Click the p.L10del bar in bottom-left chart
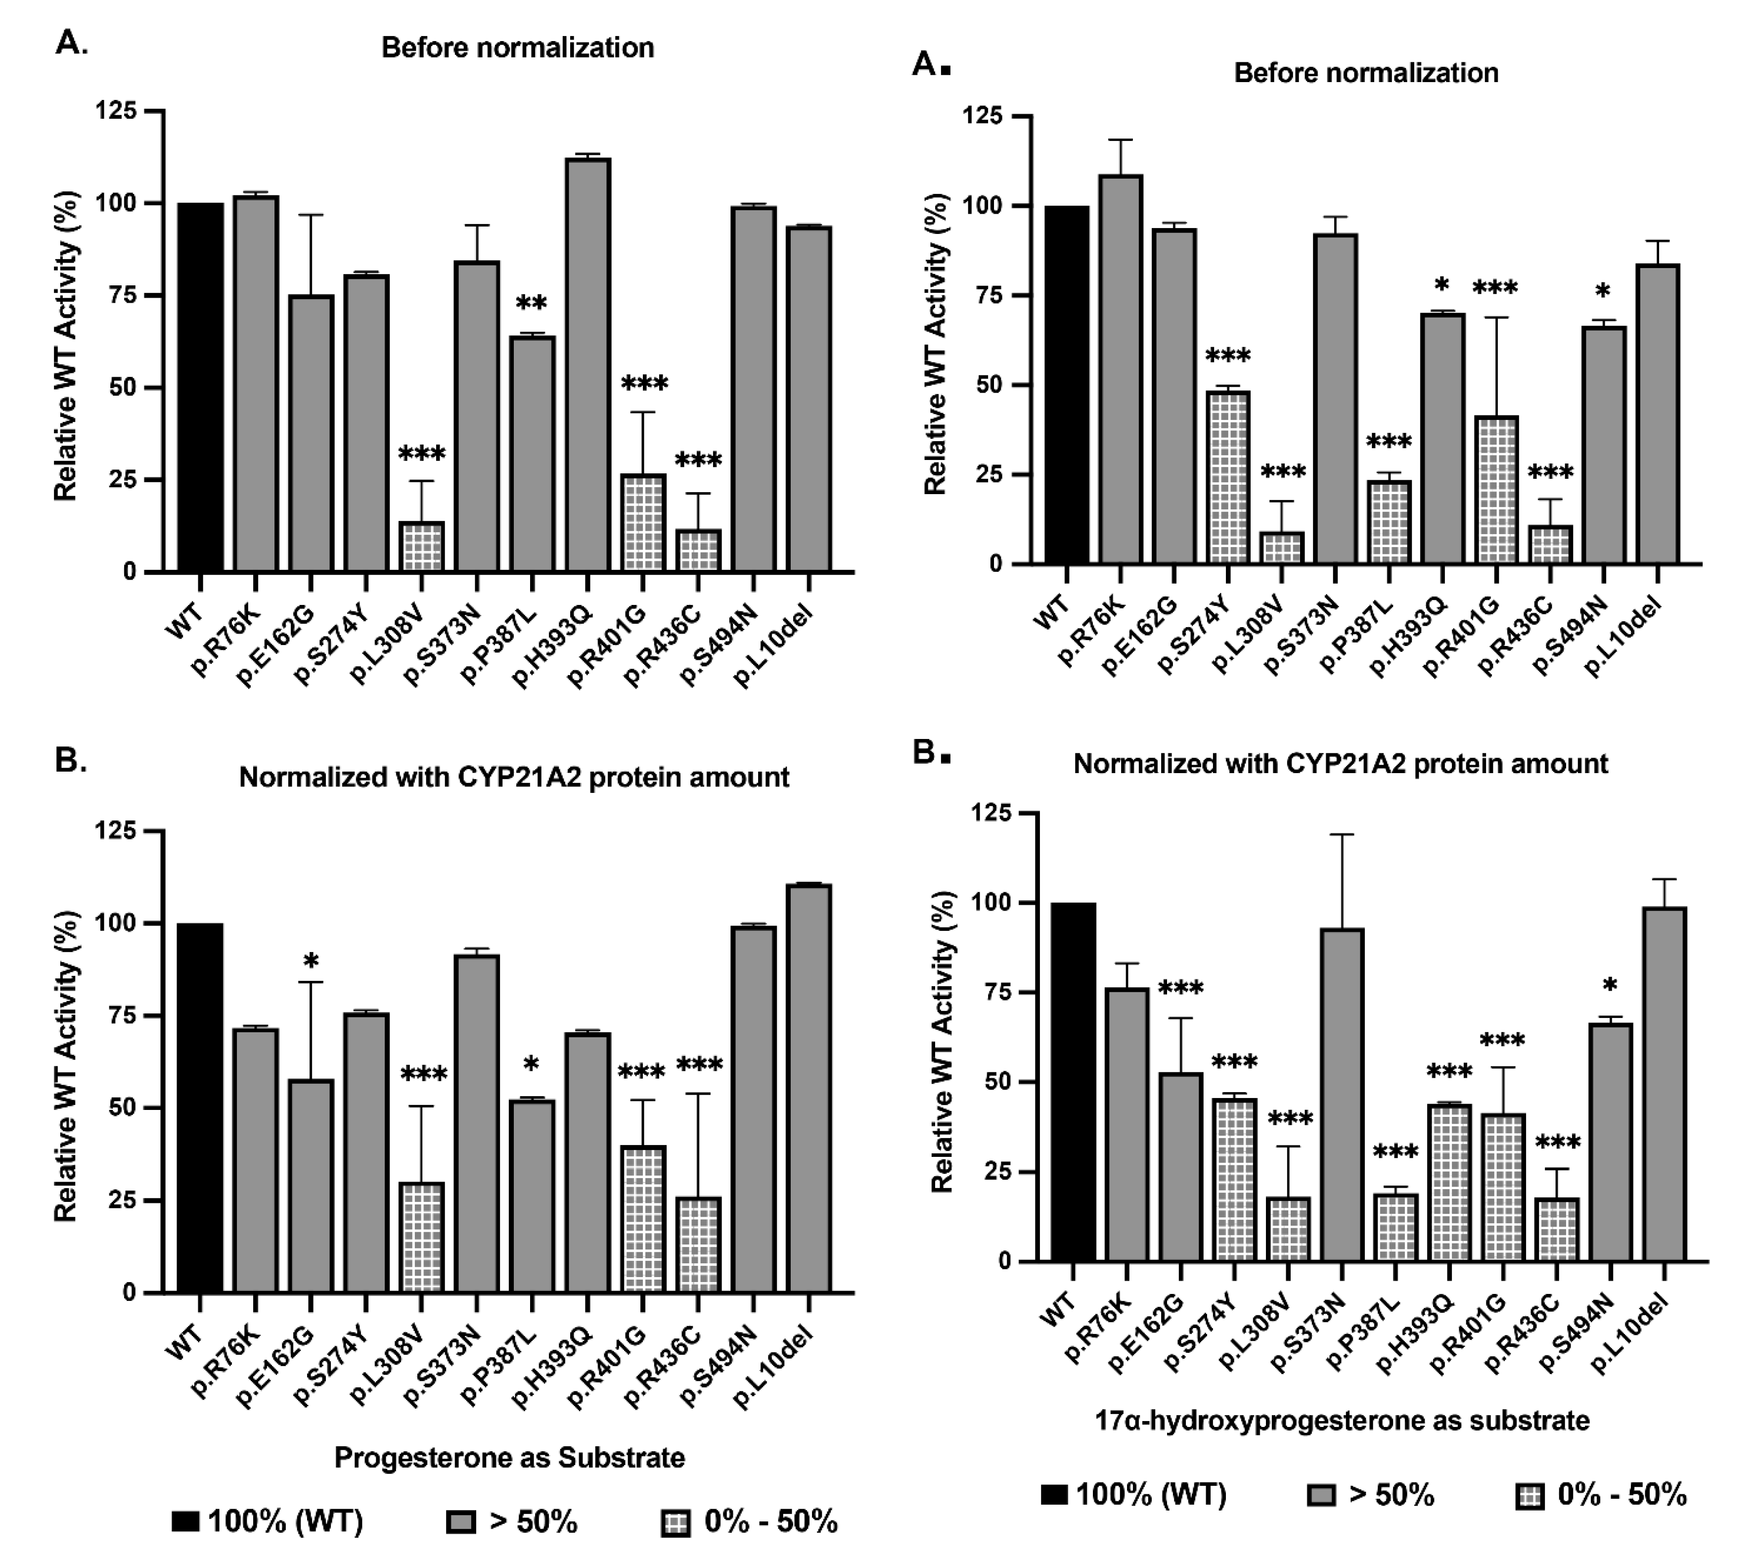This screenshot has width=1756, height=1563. (x=809, y=1088)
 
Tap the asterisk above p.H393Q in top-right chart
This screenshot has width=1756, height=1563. (x=1441, y=286)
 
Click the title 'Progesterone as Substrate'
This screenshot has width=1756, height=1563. (x=509, y=1457)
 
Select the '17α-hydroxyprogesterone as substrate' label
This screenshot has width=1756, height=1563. (x=1342, y=1421)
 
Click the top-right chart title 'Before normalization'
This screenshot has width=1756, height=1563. (x=1365, y=73)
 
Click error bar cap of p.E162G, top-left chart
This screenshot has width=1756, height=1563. (x=311, y=215)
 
